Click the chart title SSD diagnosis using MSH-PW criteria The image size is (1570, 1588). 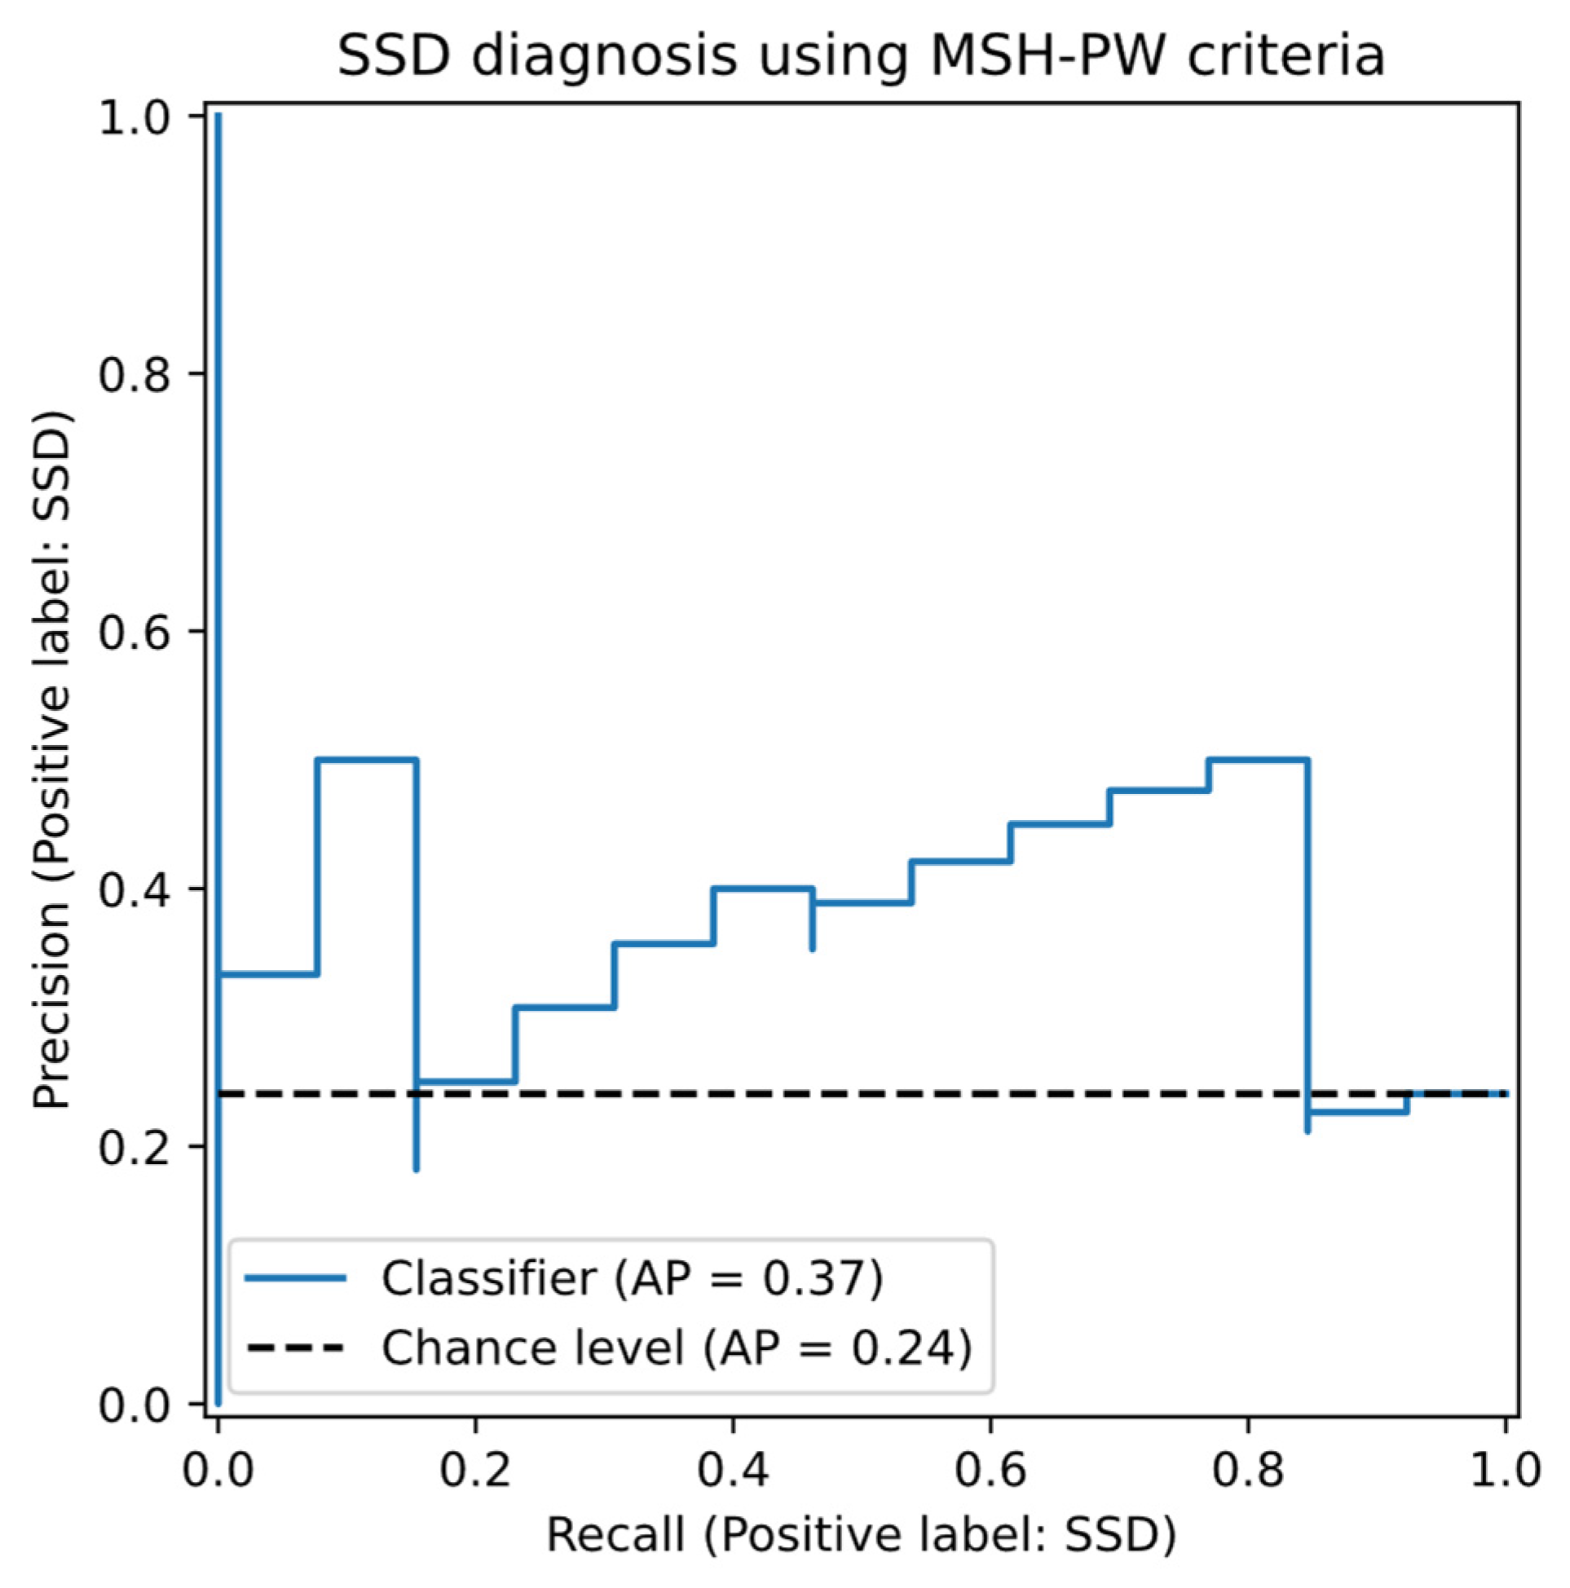coord(861,58)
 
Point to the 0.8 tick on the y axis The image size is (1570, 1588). coord(133,374)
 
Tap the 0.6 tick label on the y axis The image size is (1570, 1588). coord(133,632)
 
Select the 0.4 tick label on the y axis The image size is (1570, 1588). coord(133,889)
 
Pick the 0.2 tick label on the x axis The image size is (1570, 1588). coord(474,1469)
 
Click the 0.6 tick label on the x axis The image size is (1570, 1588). coord(990,1469)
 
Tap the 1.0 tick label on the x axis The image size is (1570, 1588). coord(1504,1469)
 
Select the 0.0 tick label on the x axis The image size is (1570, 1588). coord(218,1469)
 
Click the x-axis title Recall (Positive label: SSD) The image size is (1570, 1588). coord(861,1533)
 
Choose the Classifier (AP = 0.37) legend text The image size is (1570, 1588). coord(631,1277)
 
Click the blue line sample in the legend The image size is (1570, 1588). coord(295,1277)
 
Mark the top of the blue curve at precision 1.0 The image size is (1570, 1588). coord(218,117)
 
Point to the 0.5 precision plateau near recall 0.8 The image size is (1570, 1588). coord(1258,760)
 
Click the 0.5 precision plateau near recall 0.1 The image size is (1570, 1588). coord(367,760)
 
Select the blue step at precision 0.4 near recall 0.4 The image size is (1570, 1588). coord(762,889)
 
